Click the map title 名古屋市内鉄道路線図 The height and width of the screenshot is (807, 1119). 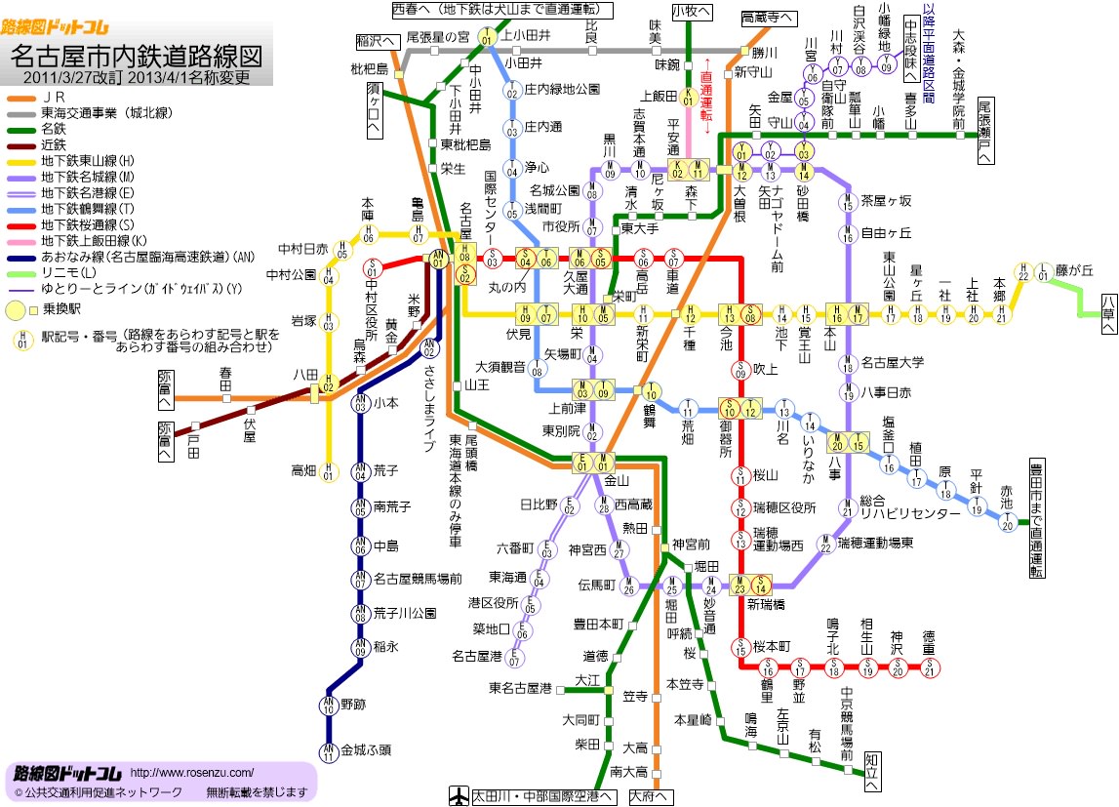click(x=137, y=53)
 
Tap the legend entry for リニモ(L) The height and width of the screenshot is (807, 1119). click(x=64, y=274)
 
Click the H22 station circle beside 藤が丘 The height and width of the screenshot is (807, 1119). click(x=1022, y=272)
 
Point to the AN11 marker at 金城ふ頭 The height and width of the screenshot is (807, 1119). click(x=329, y=749)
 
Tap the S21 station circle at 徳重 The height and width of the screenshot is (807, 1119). click(x=930, y=668)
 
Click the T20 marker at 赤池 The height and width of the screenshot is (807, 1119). click(x=1007, y=523)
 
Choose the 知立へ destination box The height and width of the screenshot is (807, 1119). click(x=873, y=770)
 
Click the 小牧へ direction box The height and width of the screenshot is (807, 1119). click(x=692, y=11)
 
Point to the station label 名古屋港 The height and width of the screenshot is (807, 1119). click(x=477, y=655)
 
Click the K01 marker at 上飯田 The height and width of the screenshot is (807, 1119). click(x=689, y=97)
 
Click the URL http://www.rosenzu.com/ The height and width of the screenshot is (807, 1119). click(x=191, y=771)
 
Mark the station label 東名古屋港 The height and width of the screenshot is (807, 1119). click(x=521, y=688)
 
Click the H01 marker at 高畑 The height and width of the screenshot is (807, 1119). click(x=329, y=472)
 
